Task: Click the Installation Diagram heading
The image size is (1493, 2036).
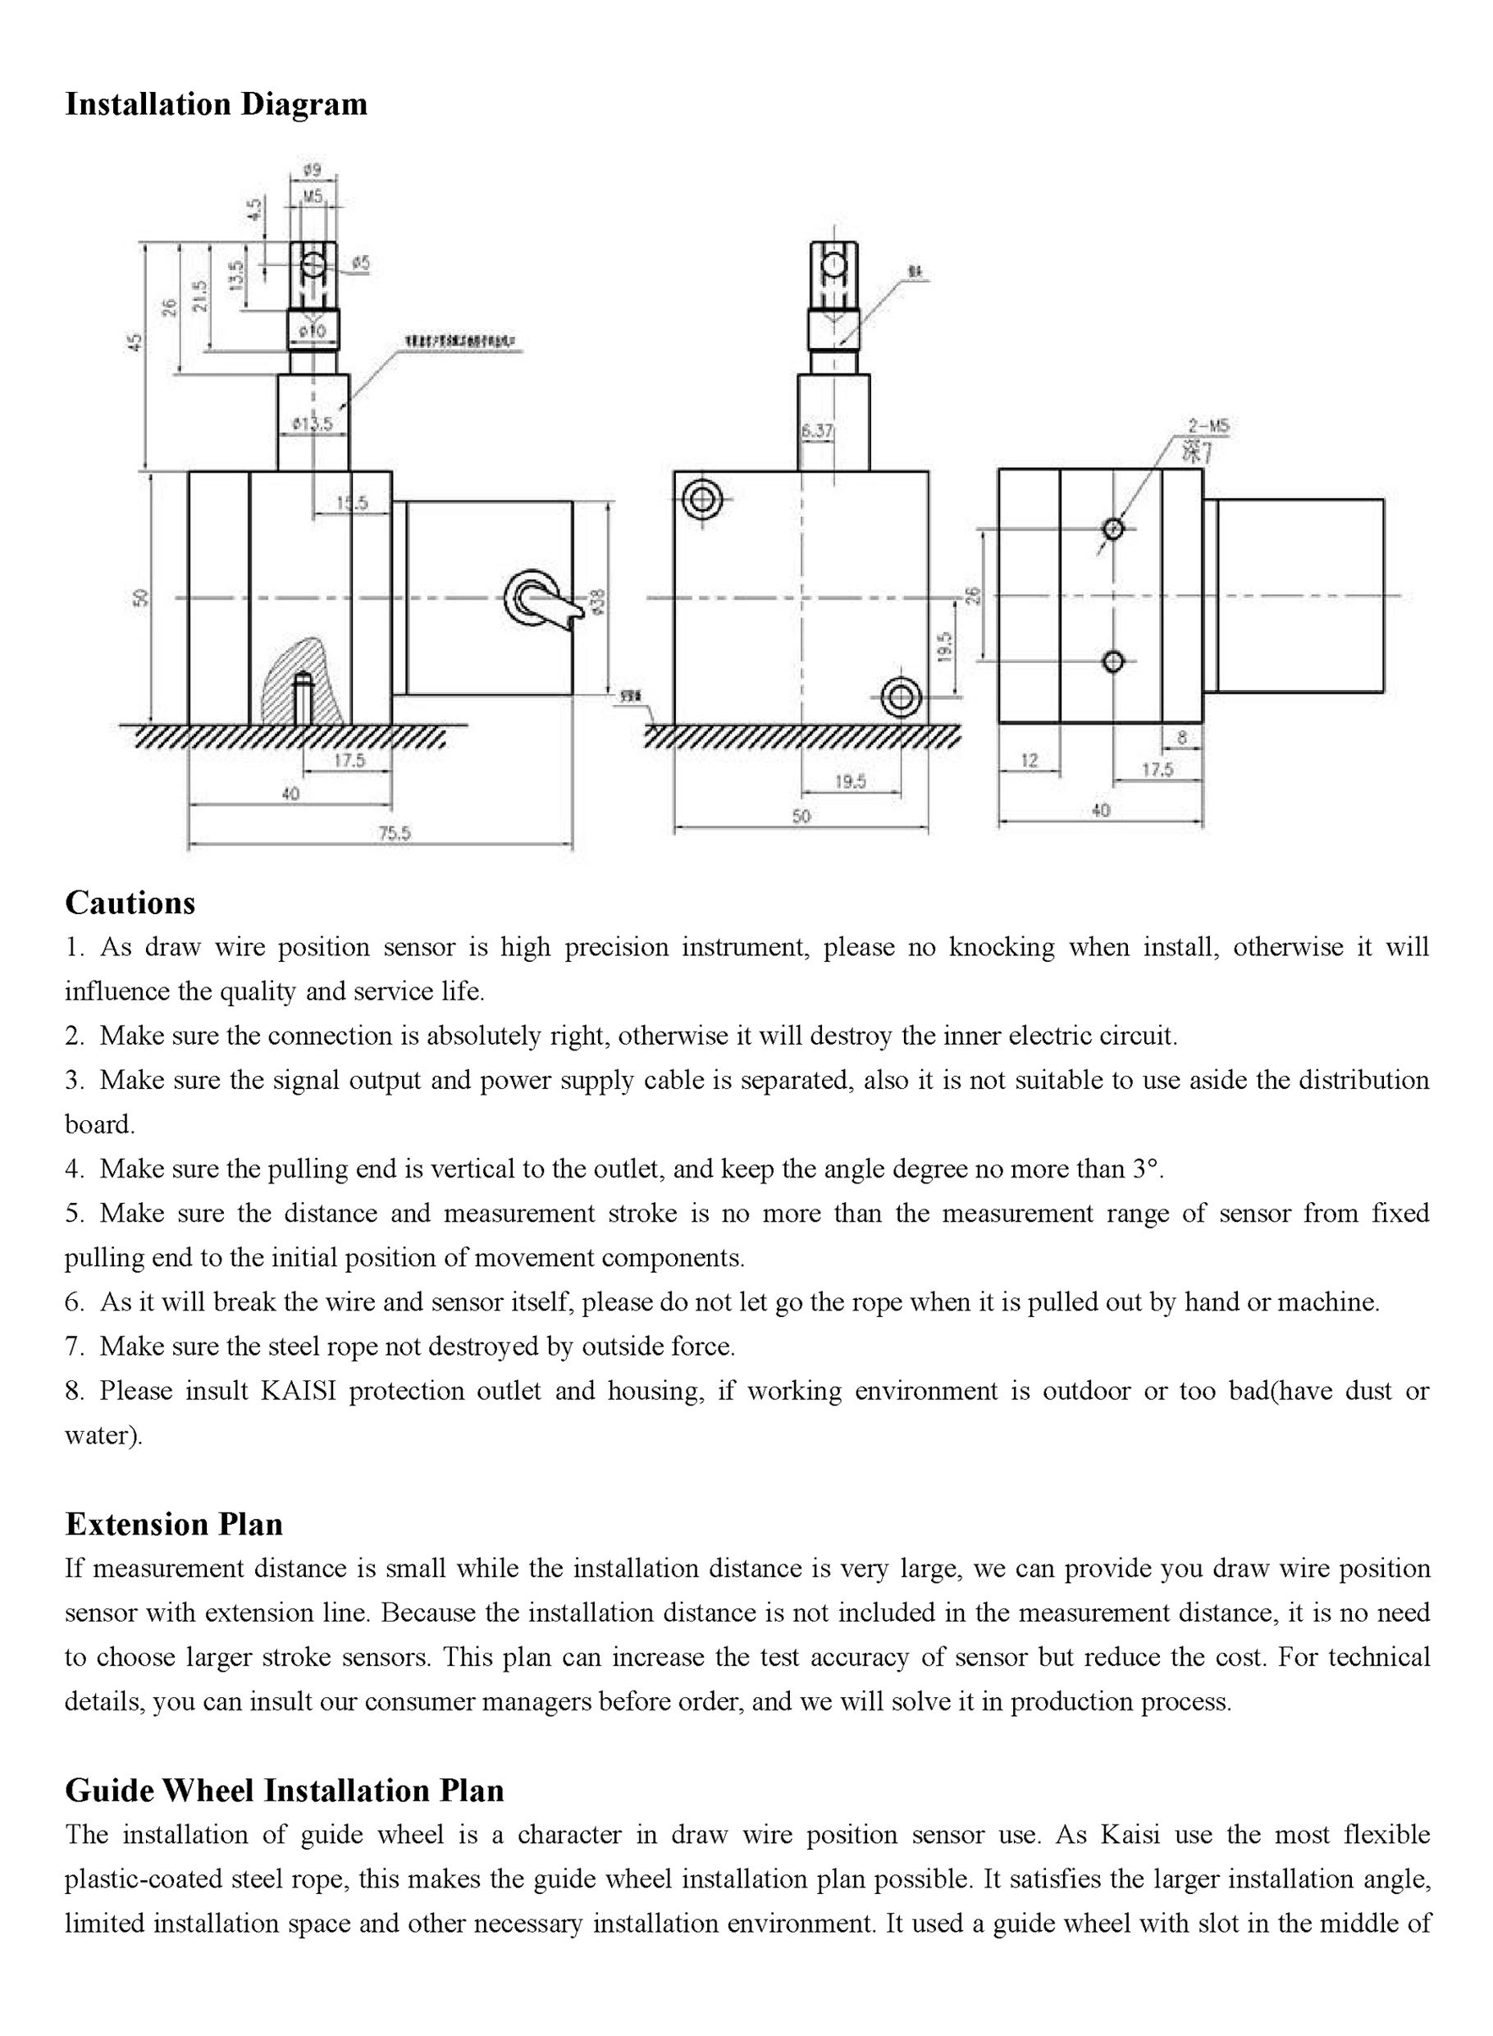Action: [216, 105]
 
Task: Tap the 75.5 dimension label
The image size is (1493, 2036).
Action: [394, 833]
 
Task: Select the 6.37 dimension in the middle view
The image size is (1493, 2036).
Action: [817, 432]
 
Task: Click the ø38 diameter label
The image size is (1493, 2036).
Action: [597, 602]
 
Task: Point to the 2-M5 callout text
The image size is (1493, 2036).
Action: [1208, 426]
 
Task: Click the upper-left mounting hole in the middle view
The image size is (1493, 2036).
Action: [702, 499]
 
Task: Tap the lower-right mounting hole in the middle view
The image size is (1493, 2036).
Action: [901, 697]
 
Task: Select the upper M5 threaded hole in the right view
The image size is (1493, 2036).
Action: [1113, 528]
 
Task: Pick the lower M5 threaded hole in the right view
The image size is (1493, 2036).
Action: [1113, 661]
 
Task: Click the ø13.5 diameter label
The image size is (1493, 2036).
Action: [313, 424]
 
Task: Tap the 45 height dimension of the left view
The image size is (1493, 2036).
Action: [135, 344]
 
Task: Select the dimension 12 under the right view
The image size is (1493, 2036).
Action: [1030, 761]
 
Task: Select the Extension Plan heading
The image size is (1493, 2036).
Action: [174, 1523]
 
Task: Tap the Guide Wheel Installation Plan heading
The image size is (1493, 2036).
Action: [284, 1790]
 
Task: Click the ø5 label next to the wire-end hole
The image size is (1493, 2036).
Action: [359, 264]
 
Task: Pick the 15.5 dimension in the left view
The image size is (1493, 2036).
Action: [353, 503]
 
